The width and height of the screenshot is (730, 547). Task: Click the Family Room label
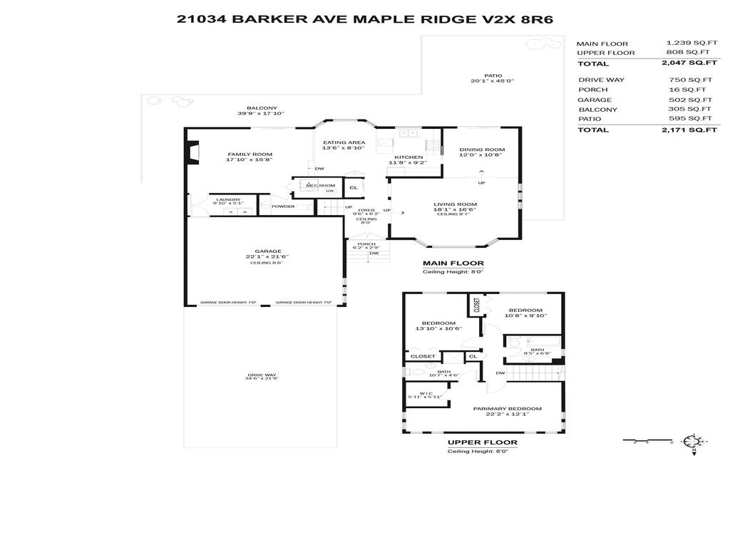pyautogui.click(x=250, y=154)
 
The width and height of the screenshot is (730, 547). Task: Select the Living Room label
pyautogui.click(x=455, y=204)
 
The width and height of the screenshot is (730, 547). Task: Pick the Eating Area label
pyautogui.click(x=344, y=142)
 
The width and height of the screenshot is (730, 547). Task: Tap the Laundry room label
pyautogui.click(x=228, y=199)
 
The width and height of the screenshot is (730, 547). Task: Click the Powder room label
pyautogui.click(x=283, y=207)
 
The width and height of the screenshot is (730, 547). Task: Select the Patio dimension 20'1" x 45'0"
pyautogui.click(x=492, y=81)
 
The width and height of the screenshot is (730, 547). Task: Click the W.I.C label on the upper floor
pyautogui.click(x=426, y=392)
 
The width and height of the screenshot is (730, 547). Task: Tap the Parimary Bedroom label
pyautogui.click(x=507, y=409)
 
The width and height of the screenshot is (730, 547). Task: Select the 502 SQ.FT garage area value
pyautogui.click(x=690, y=100)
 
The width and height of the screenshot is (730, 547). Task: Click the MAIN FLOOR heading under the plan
pyautogui.click(x=453, y=263)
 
